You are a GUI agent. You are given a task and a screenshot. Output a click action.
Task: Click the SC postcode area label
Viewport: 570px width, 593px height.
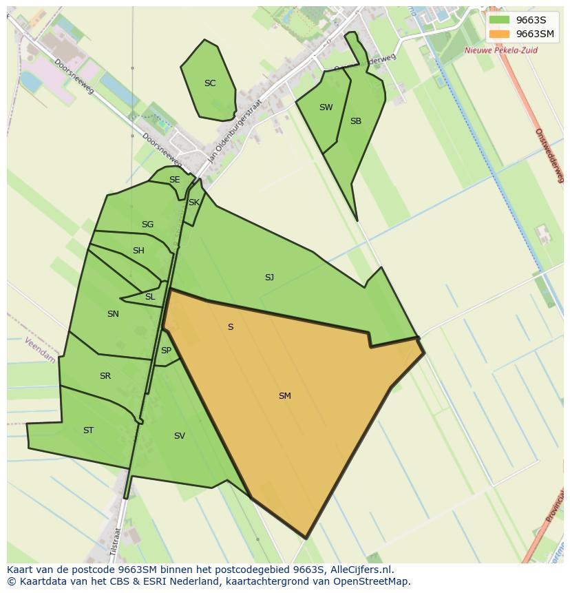point(210,83)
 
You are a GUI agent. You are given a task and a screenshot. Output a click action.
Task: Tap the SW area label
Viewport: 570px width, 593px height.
point(326,107)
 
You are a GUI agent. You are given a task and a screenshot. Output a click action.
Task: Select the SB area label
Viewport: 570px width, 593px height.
point(355,121)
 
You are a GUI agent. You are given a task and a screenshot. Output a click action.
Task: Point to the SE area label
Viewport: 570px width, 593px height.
point(174,180)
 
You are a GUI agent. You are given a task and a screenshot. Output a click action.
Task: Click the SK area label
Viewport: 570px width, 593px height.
point(193,202)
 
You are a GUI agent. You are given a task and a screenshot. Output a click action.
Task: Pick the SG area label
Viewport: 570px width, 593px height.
point(147,225)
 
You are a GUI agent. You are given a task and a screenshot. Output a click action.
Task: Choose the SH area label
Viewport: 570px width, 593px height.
point(138,251)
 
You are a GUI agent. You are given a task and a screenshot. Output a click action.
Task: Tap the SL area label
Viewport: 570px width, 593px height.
point(150,297)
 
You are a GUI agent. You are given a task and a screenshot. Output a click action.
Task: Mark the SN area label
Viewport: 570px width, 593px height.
point(113,314)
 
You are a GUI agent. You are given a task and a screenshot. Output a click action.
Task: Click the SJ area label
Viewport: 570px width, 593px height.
point(269,278)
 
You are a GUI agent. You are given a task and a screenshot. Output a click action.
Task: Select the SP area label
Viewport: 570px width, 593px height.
point(166,351)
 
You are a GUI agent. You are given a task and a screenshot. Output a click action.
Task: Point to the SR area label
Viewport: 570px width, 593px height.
point(105,376)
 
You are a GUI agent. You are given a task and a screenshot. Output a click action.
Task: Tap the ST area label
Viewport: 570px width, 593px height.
point(88,430)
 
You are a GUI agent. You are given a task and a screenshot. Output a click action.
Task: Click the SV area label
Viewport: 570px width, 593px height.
point(179,436)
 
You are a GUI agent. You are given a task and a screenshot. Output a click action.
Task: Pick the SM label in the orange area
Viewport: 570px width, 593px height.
point(284,396)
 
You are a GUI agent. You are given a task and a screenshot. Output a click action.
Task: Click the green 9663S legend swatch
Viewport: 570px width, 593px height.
point(499,20)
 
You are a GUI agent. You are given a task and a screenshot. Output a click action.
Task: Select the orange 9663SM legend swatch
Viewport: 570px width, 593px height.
point(499,34)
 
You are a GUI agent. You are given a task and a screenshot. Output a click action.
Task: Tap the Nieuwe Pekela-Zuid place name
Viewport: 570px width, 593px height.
point(500,50)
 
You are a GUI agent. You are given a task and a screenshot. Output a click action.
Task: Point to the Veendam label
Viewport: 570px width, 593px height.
point(39,351)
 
